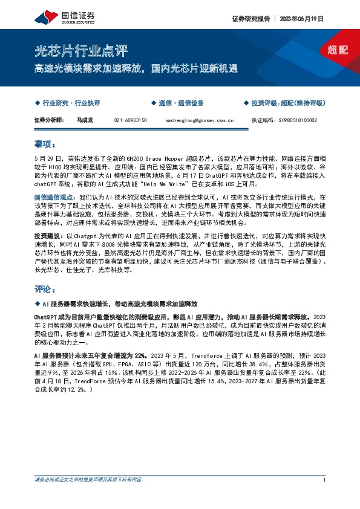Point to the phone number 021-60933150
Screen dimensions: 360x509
pos(131,120)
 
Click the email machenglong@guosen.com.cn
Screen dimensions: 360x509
pos(200,120)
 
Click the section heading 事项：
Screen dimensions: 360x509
pos(45,145)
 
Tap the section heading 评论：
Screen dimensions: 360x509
pos(45,289)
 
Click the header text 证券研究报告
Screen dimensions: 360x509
pos(249,19)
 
